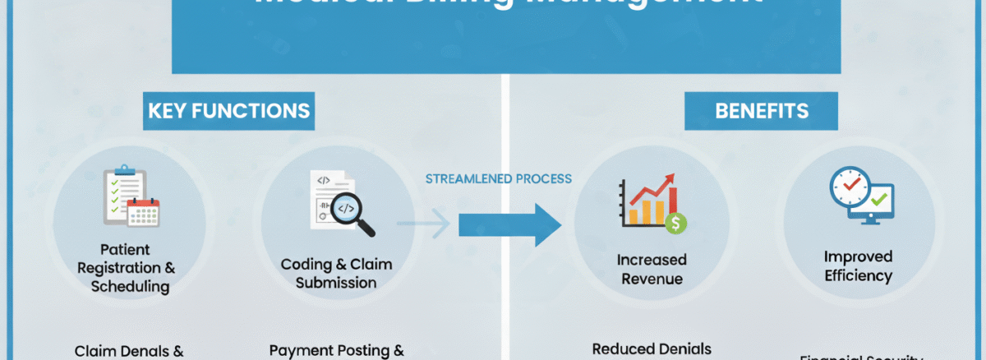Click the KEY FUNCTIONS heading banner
228,111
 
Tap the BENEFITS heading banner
761,111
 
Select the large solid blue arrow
509,224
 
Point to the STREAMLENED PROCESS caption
498,178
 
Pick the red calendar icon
143,213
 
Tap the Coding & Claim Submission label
336,273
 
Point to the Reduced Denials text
652,348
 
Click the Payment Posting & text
336,350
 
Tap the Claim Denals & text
129,351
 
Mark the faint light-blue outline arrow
423,224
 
